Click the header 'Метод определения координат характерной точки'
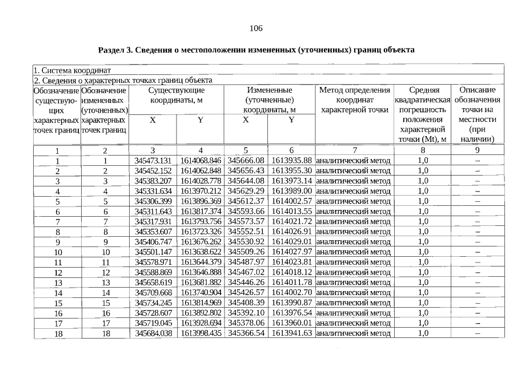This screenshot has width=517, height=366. pyautogui.click(x=354, y=100)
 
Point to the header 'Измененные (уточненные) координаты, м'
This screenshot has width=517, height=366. pyautogui.click(x=270, y=100)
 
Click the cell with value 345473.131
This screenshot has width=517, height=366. pyautogui.click(x=153, y=161)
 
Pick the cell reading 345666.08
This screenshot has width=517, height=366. pyautogui.click(x=247, y=161)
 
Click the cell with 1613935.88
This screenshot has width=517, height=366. pyautogui.click(x=291, y=161)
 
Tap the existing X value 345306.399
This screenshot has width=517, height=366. pyautogui.click(x=153, y=201)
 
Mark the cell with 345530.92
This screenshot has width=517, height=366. pyautogui.click(x=247, y=242)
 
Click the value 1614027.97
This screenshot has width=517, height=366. pyautogui.click(x=291, y=252)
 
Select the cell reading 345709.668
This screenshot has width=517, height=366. pyautogui.click(x=153, y=293)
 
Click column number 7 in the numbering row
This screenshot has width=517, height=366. pyautogui.click(x=354, y=150)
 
